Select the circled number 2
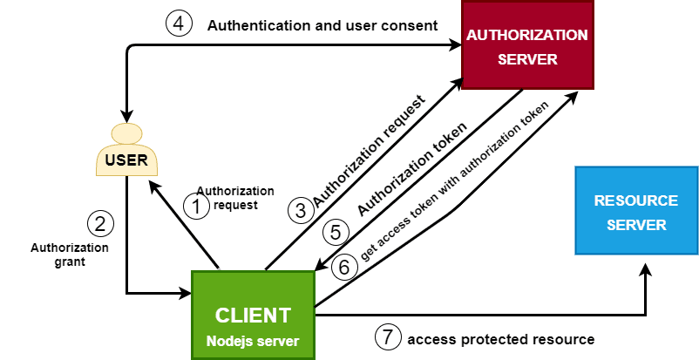coord(101,224)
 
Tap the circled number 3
coord(301,209)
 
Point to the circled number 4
coord(179,25)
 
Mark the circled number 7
coord(388,336)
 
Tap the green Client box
coord(252,314)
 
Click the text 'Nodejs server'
coord(252,339)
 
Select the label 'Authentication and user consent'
coord(322,26)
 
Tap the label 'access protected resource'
coord(500,338)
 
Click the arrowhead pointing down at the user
coord(127,116)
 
